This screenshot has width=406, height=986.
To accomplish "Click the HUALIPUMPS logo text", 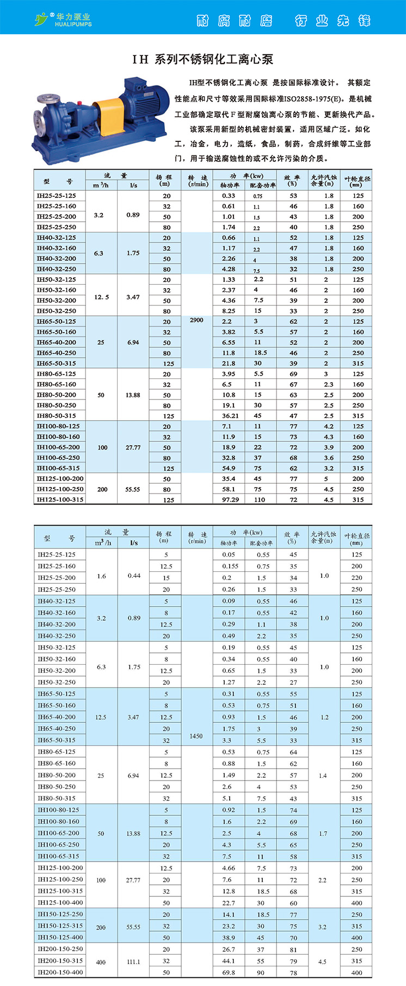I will click(x=73, y=24).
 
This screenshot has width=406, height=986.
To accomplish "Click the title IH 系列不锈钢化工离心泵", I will click(x=202, y=59).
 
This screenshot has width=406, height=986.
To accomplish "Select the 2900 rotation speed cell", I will click(x=196, y=320).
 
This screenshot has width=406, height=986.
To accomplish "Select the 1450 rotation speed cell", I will click(x=196, y=736).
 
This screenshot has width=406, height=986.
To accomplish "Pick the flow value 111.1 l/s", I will click(x=133, y=962).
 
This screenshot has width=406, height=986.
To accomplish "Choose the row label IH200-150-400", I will click(x=60, y=972).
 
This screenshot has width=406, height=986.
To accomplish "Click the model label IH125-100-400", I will click(x=60, y=903).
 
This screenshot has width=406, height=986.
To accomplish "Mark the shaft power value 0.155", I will click(x=230, y=566).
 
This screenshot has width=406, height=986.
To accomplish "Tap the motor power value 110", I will click(x=260, y=500).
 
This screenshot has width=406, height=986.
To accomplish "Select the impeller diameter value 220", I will click(x=356, y=578).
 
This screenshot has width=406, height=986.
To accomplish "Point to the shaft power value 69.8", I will click(x=229, y=972).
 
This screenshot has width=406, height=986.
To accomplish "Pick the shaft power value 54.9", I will click(x=229, y=468).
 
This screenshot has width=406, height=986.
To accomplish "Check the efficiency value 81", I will click(x=293, y=950).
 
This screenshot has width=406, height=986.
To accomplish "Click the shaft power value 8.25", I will click(x=229, y=311).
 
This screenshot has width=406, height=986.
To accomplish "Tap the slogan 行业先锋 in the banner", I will click(x=333, y=21).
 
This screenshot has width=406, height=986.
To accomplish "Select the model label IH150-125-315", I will click(x=60, y=926).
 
